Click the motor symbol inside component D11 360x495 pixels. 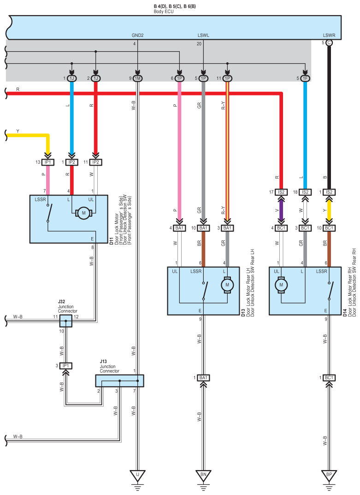pyautogui.click(x=83, y=213)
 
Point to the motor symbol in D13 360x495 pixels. pyautogui.click(x=227, y=285)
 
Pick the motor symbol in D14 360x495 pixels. pyautogui.click(x=281, y=285)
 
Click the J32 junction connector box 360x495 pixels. pyautogui.click(x=65, y=321)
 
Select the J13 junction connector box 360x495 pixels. pyautogui.click(x=119, y=381)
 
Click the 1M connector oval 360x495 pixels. pyautogui.click(x=137, y=78)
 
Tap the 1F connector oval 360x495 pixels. pyautogui.click(x=305, y=78)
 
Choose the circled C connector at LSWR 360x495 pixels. pyautogui.click(x=329, y=42)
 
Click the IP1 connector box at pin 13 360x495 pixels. pyautogui.click(x=47, y=162)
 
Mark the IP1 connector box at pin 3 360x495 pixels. pyautogui.click(x=65, y=366)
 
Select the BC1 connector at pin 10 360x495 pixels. pyautogui.click(x=329, y=228)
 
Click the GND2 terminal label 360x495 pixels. pyautogui.click(x=137, y=36)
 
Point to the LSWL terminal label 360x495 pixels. pyautogui.click(x=203, y=36)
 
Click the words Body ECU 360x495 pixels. pyautogui.click(x=164, y=12)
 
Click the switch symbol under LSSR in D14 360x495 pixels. pyautogui.click(x=330, y=291)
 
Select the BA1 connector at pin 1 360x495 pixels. pyautogui.click(x=203, y=377)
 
